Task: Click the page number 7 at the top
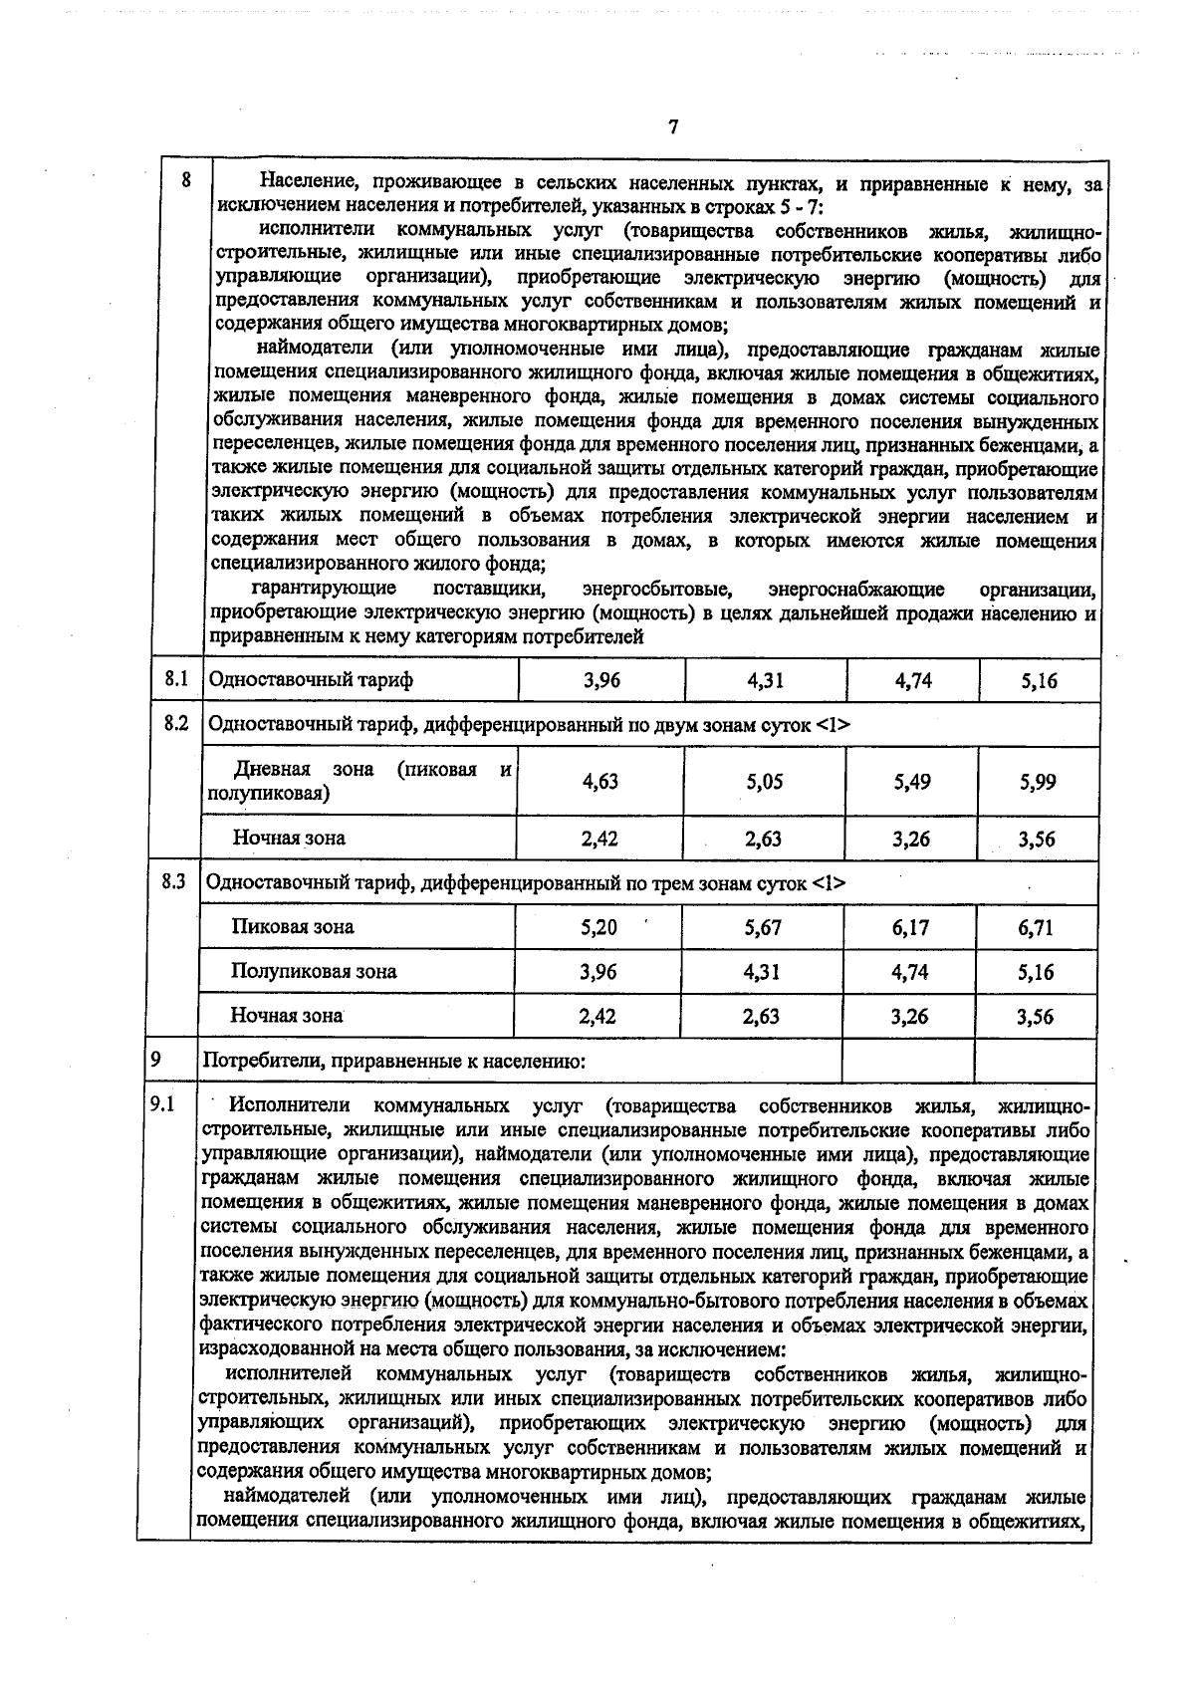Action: (x=674, y=127)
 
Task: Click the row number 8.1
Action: (x=176, y=679)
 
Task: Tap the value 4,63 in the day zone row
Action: (x=600, y=782)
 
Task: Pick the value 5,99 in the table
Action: (x=1038, y=783)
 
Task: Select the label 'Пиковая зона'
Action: (x=293, y=927)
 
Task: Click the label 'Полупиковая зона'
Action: (x=314, y=972)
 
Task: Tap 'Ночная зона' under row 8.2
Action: (x=289, y=838)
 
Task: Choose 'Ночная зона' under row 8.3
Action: (x=287, y=1016)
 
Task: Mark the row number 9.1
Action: (x=162, y=1104)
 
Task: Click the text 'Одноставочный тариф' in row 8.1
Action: (x=310, y=680)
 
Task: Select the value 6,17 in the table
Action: (x=911, y=928)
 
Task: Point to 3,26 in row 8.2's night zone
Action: (x=911, y=840)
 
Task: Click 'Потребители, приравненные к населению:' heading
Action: (x=394, y=1062)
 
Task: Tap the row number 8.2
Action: (x=176, y=724)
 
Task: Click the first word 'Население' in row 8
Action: (x=301, y=183)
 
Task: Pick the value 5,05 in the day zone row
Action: (x=765, y=783)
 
